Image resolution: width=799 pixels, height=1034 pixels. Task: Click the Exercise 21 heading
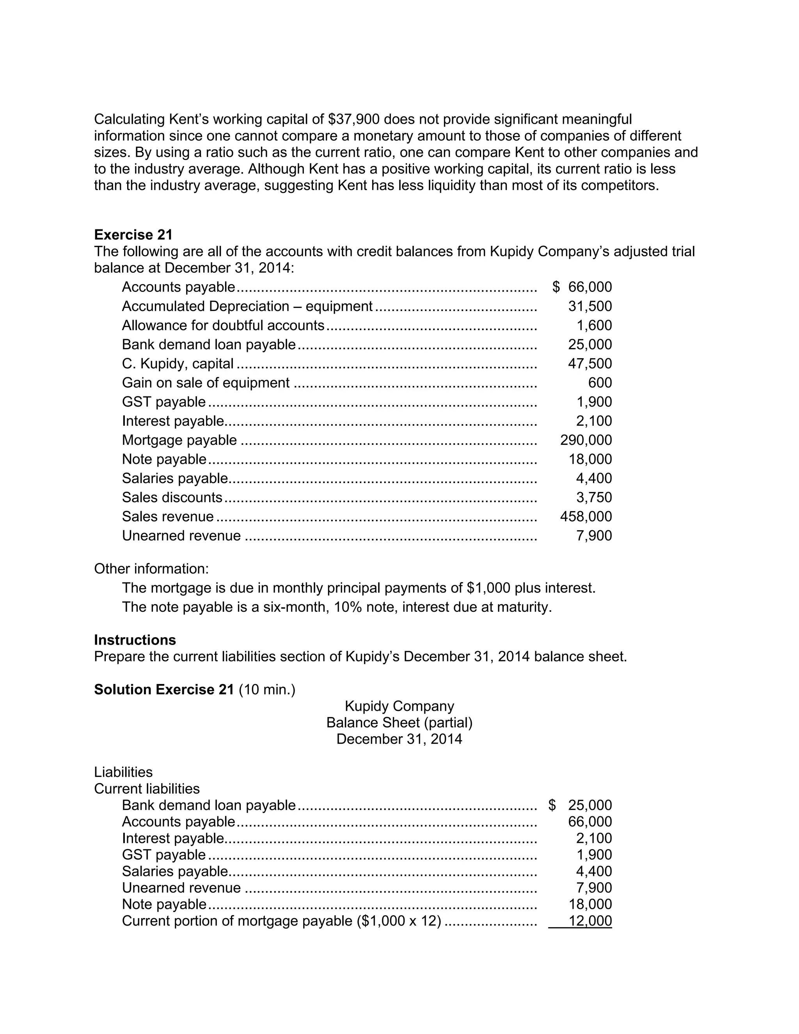click(133, 235)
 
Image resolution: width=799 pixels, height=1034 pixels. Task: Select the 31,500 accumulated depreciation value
click(590, 306)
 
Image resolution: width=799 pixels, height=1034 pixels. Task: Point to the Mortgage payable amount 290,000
click(586, 440)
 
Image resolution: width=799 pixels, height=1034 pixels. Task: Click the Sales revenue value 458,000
click(586, 517)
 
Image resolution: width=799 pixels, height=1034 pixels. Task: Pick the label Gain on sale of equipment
click(206, 383)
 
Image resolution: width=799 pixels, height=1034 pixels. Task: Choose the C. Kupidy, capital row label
click(178, 364)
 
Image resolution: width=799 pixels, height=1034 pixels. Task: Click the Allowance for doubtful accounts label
click(223, 326)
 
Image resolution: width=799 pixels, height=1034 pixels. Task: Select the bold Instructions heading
click(135, 640)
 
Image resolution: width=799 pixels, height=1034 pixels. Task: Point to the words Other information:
click(151, 569)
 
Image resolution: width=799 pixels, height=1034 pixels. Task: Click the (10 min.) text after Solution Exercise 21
click(267, 690)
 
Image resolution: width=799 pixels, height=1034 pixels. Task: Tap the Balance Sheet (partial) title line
click(399, 723)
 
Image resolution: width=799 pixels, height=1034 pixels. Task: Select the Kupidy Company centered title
click(399, 706)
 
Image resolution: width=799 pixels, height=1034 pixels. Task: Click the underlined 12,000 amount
click(590, 921)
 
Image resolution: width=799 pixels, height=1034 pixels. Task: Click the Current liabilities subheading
click(147, 789)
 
